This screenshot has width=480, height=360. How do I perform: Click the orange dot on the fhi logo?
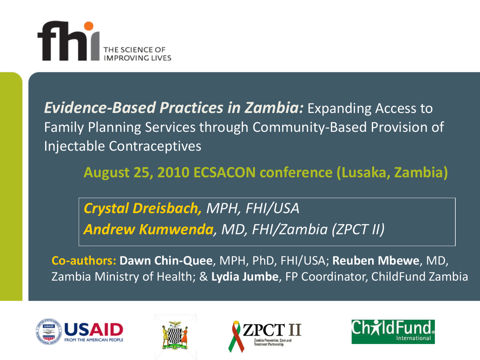(x=89, y=26)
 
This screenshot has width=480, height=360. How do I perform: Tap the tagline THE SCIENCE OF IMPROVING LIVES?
(x=137, y=54)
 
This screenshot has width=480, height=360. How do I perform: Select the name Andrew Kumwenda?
(x=149, y=229)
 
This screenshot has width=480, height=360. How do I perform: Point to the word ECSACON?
(x=225, y=172)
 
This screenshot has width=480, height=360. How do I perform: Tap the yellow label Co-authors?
(x=84, y=261)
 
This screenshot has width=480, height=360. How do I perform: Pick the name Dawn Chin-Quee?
(x=166, y=261)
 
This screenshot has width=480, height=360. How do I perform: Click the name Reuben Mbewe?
(x=375, y=261)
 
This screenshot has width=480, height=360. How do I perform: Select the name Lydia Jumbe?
(x=245, y=277)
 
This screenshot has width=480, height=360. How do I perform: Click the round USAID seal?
(x=49, y=331)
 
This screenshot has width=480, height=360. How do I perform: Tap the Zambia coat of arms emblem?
(x=175, y=336)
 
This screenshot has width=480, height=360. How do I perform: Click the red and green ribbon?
(x=236, y=336)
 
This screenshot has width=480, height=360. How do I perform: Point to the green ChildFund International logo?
(x=393, y=331)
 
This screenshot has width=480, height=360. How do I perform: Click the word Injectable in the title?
(x=75, y=146)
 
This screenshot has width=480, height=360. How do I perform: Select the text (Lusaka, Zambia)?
(x=392, y=172)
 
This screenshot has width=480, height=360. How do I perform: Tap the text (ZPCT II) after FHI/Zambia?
(x=358, y=230)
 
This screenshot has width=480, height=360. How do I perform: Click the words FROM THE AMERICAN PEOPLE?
(x=94, y=340)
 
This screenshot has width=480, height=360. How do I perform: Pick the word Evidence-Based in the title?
(x=100, y=108)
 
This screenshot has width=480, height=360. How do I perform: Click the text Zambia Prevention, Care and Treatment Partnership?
(x=272, y=342)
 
